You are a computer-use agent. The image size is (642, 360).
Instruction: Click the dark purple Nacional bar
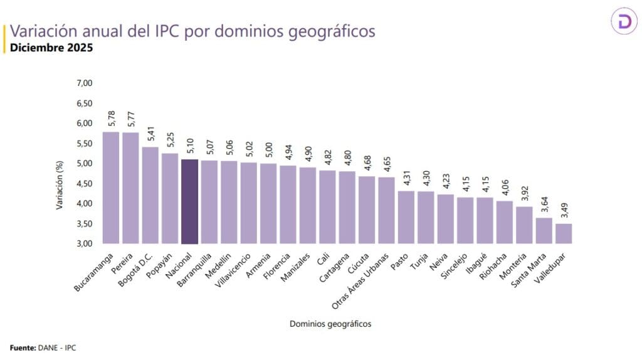(x=189, y=201)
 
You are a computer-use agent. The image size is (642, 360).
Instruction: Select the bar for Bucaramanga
(x=111, y=188)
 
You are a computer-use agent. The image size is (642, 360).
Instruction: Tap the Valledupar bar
(x=564, y=233)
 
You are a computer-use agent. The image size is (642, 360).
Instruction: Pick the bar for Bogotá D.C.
(x=150, y=195)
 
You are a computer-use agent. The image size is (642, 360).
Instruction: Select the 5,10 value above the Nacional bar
(x=189, y=146)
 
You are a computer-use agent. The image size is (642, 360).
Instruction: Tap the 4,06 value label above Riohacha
(x=505, y=188)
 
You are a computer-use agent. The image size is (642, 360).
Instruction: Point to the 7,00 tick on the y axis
(x=84, y=83)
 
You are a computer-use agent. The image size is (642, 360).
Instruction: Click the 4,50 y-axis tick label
(x=84, y=183)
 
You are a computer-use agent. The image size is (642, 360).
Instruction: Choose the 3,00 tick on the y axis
(x=84, y=243)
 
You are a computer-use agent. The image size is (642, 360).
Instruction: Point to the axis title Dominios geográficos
(x=330, y=324)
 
